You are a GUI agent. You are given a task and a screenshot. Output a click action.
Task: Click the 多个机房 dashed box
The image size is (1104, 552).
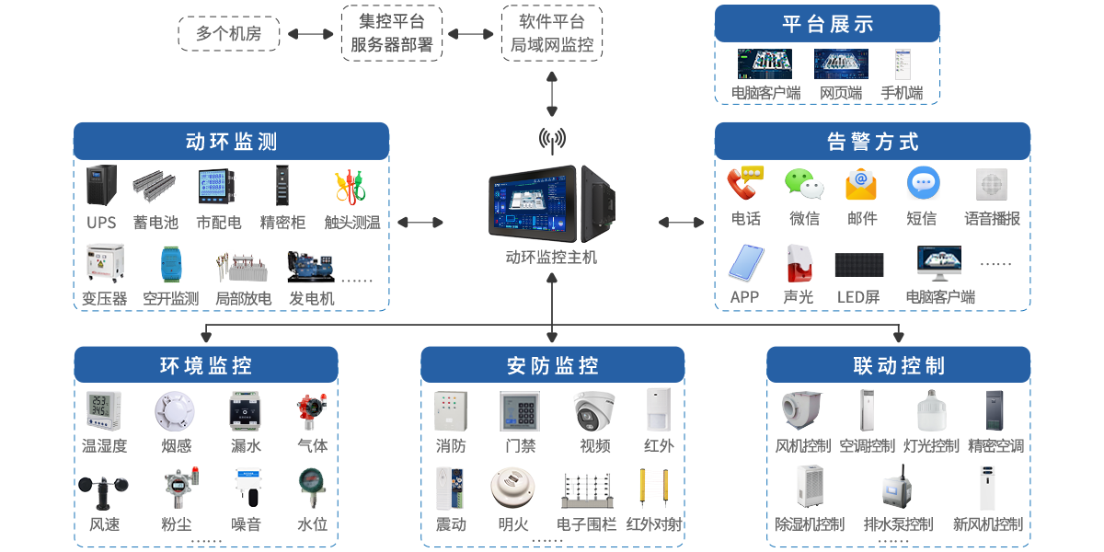pyautogui.click(x=228, y=34)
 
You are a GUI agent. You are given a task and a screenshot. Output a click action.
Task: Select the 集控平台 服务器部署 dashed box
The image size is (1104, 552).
pyautogui.click(x=392, y=33)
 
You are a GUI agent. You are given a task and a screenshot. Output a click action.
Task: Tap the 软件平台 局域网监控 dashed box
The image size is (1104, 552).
pyautogui.click(x=552, y=33)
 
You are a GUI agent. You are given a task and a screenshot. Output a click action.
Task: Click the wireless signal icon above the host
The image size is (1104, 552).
pyautogui.click(x=552, y=138)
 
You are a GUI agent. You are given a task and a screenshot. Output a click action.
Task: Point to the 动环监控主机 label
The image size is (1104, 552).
pyautogui.click(x=551, y=258)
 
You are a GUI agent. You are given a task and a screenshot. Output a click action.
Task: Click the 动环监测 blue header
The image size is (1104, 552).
pyautogui.click(x=231, y=142)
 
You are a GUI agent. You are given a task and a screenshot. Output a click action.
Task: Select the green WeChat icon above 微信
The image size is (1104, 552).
pyautogui.click(x=803, y=184)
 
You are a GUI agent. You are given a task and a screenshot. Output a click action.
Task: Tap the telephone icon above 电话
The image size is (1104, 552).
pyautogui.click(x=745, y=184)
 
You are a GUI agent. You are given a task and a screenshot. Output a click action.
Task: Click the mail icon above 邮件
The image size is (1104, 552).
pyautogui.click(x=861, y=184)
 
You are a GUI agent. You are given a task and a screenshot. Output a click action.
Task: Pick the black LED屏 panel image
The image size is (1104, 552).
pyautogui.click(x=859, y=265)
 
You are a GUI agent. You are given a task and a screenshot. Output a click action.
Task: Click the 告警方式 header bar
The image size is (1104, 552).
pyautogui.click(x=872, y=142)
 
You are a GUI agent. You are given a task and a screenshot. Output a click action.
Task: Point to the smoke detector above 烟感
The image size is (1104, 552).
pyautogui.click(x=175, y=411)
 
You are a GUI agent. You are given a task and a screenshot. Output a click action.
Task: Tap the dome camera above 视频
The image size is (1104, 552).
pyautogui.click(x=594, y=410)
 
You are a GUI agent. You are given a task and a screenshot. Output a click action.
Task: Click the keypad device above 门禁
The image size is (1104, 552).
pyautogui.click(x=520, y=411)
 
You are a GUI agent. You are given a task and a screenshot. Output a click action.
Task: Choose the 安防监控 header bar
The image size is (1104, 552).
pyautogui.click(x=552, y=365)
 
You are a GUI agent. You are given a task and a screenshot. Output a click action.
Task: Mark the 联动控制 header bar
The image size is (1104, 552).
pyautogui.click(x=898, y=365)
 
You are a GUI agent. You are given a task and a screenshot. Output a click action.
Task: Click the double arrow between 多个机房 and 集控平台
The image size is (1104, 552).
pyautogui.click(x=310, y=34)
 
